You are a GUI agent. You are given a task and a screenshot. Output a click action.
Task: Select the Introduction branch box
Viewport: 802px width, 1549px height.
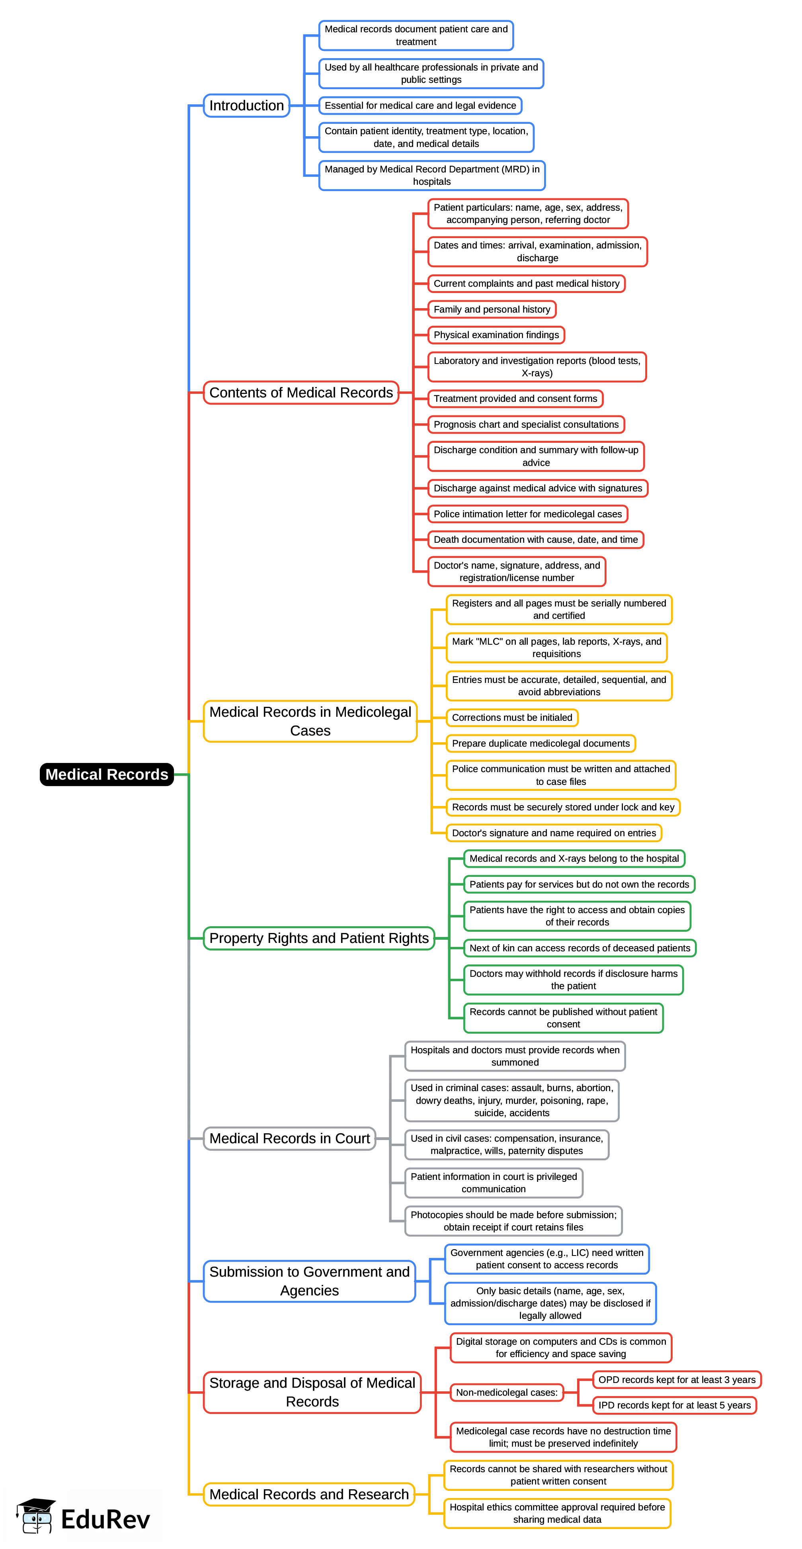pyautogui.click(x=246, y=106)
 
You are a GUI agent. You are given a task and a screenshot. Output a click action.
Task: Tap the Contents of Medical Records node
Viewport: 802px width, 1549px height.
pyautogui.click(x=301, y=393)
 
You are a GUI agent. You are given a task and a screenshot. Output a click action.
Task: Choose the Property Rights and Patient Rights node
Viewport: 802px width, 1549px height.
pyautogui.click(x=319, y=938)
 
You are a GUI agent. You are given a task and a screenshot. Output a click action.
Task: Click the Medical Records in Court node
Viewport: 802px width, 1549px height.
pyautogui.click(x=289, y=1138)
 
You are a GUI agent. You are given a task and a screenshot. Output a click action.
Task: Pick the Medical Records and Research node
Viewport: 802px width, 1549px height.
pyautogui.click(x=308, y=1494)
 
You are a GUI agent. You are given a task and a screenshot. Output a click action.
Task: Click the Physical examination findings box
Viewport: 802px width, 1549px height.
pyautogui.click(x=496, y=335)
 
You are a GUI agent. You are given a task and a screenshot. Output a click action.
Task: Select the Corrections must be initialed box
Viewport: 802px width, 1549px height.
pyautogui.click(x=511, y=718)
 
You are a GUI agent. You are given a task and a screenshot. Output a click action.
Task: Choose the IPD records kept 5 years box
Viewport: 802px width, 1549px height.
pyautogui.click(x=674, y=1405)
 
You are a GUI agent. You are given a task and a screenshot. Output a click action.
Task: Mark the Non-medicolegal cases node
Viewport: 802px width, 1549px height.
pyautogui.click(x=506, y=1393)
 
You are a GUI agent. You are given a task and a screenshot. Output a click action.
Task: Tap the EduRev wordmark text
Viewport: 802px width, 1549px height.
pyautogui.click(x=105, y=1520)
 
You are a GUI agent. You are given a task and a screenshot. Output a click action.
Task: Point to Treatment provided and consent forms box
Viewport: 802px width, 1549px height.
pyautogui.click(x=515, y=399)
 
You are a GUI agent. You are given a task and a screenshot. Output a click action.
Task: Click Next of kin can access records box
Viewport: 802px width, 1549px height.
pyautogui.click(x=579, y=948)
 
